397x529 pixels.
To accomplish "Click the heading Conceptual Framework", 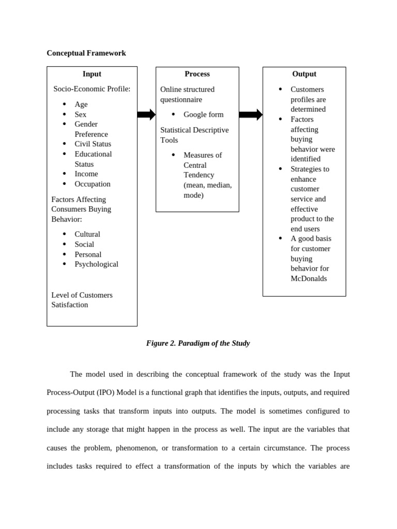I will (x=86, y=53).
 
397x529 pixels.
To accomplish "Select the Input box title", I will (x=92, y=74).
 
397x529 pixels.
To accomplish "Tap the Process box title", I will (x=197, y=74).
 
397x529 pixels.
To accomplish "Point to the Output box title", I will (x=304, y=74).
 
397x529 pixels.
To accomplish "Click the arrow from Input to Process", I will (x=146, y=115).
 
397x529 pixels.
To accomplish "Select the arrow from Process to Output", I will (x=251, y=115).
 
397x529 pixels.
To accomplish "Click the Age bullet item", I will (x=81, y=104).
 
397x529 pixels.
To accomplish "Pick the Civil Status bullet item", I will (x=93, y=144).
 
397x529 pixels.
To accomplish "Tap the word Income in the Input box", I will (x=86, y=174).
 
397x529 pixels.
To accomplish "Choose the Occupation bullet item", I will (x=93, y=184).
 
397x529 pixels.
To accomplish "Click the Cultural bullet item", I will (x=87, y=234).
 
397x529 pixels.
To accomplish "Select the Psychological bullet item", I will (x=96, y=264).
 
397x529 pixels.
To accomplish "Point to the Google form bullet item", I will (x=204, y=115).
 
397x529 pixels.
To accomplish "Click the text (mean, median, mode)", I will (x=208, y=190).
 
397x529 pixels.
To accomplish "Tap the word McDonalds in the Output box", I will (x=309, y=278).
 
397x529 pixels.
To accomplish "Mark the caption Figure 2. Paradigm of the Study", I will (x=198, y=343).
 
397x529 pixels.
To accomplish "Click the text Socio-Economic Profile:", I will (x=92, y=89).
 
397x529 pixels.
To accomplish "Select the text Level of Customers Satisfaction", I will (x=82, y=300).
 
